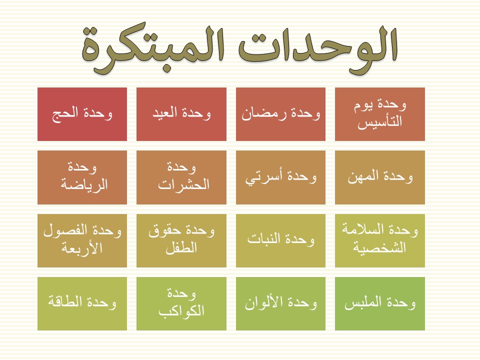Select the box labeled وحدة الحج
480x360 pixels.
coord(82,114)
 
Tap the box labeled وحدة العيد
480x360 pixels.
coord(181,114)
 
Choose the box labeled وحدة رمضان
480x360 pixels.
coord(280,114)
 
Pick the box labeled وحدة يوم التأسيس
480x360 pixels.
coord(380,114)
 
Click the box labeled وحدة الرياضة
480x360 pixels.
coord(82,177)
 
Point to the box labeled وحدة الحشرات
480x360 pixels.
coord(181,177)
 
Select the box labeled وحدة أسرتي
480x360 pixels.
coord(280,177)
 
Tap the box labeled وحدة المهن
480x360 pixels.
coord(380,177)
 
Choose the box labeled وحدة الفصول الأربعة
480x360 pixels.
coord(82,240)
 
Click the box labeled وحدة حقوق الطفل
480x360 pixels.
coord(181,240)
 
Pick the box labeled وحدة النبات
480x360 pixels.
coord(280,240)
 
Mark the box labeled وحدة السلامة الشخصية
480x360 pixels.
coord(380,240)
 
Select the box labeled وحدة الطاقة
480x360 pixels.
coord(82,303)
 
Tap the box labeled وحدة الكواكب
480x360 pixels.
coord(181,303)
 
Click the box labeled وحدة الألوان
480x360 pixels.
coord(280,303)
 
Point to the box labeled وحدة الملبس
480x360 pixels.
coord(380,303)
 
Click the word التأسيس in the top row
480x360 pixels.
coord(380,122)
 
